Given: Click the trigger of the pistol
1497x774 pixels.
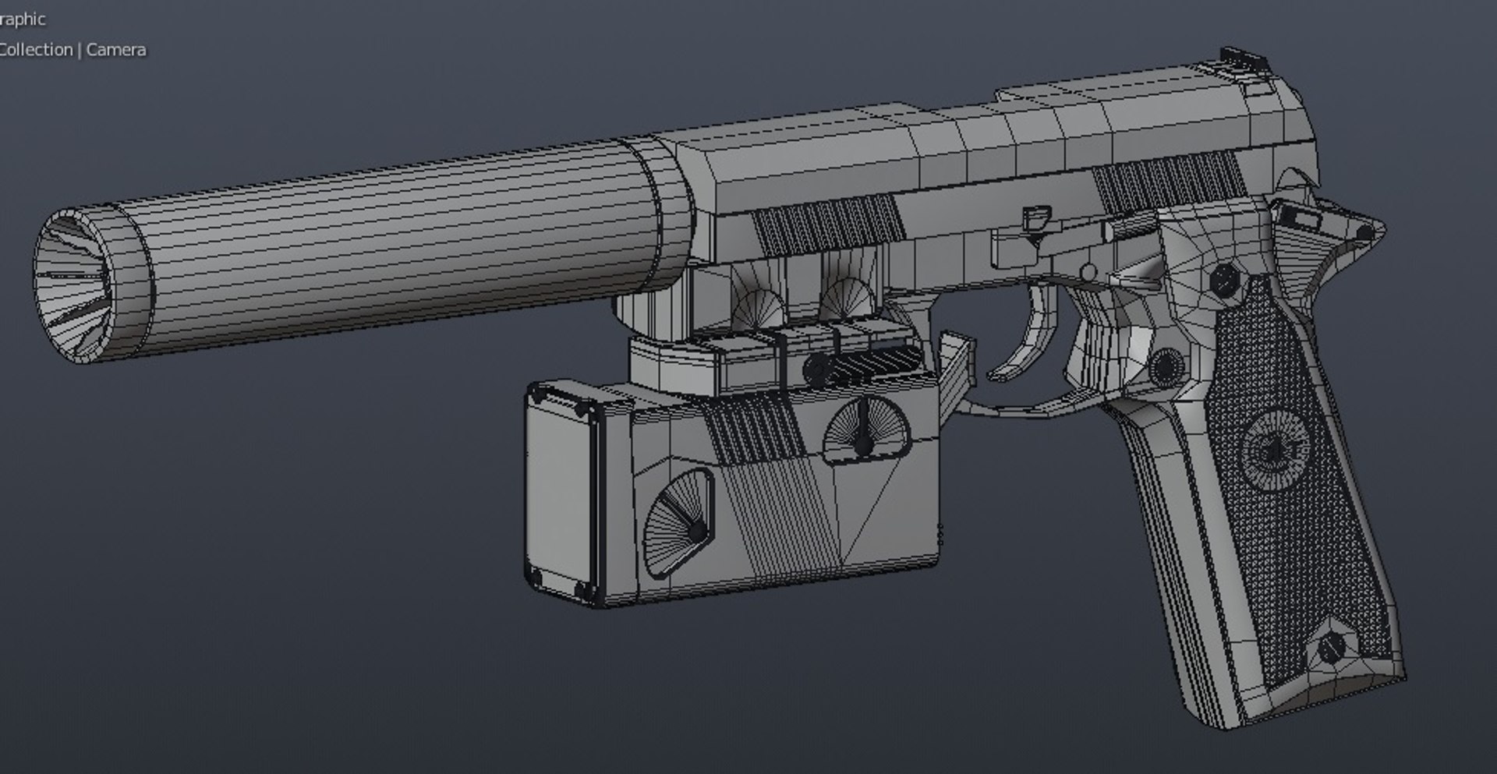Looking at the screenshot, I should (1029, 335).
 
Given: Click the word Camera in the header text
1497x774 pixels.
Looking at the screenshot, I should (116, 50).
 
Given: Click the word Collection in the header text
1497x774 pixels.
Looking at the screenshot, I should (36, 50).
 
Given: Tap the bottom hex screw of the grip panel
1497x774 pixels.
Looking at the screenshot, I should (1330, 645).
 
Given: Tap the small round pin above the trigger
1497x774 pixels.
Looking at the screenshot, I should (1088, 272).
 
